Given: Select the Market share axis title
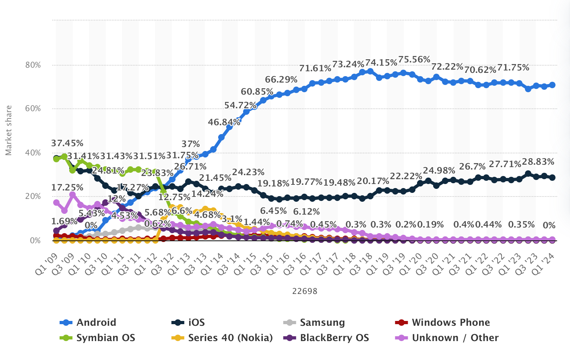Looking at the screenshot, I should pyautogui.click(x=9, y=130).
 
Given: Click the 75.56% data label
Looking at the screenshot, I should pyautogui.click(x=414, y=60).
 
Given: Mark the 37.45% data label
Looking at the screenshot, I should pyautogui.click(x=67, y=143).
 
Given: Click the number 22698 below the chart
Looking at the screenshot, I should pyautogui.click(x=305, y=291).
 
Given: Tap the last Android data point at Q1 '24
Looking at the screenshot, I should pyautogui.click(x=552, y=85).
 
